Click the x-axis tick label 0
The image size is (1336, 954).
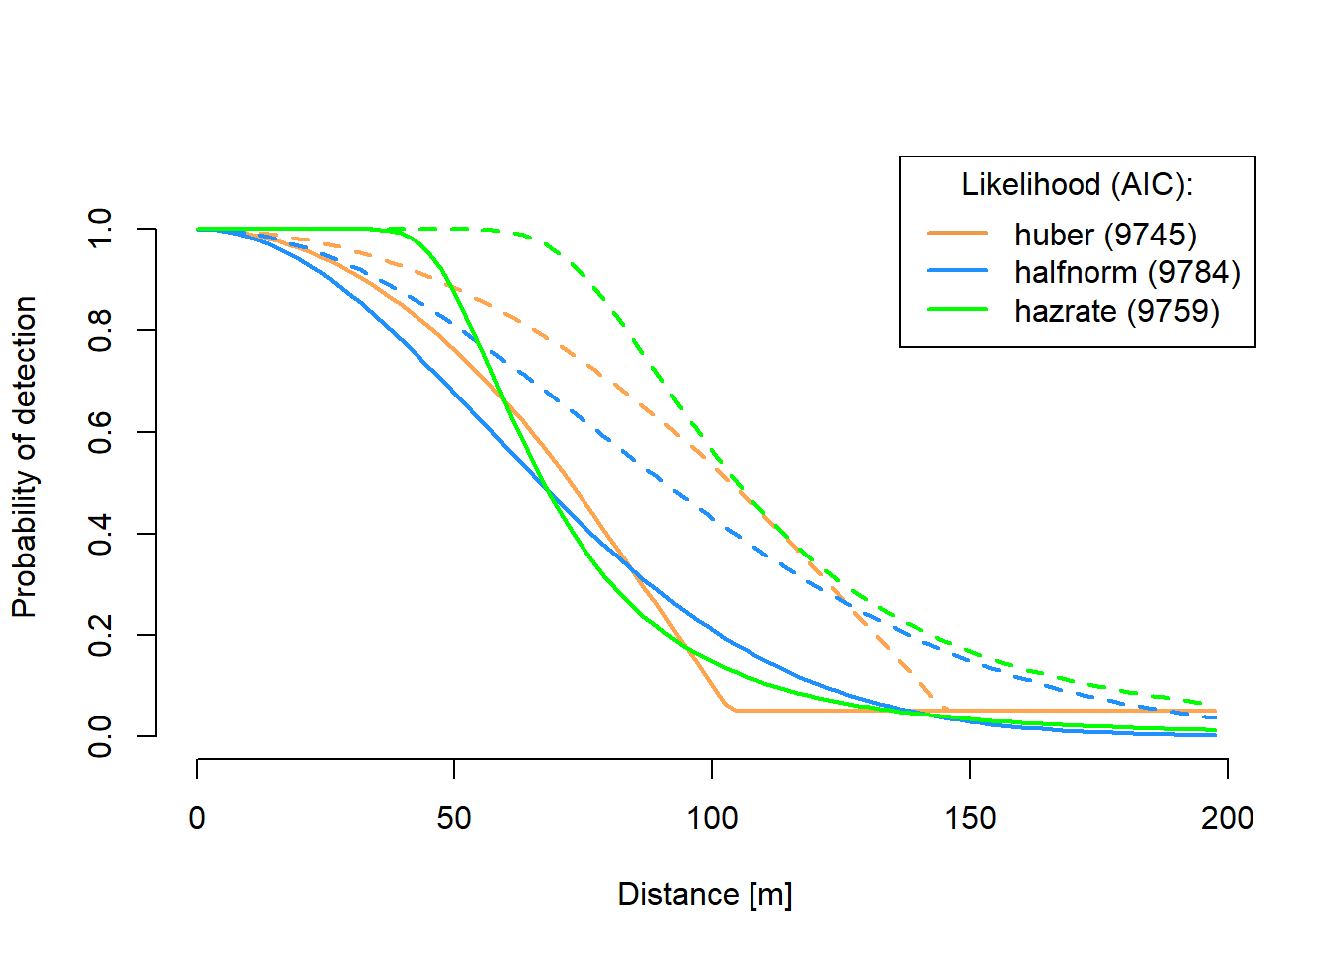point(197,818)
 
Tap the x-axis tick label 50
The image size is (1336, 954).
point(454,818)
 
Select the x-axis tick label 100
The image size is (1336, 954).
point(712,818)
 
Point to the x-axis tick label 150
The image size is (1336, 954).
point(970,818)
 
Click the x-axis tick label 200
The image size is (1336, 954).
point(1227,818)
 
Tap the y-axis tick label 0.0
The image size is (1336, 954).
point(100,736)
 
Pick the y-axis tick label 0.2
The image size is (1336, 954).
point(100,635)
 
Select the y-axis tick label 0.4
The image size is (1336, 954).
point(100,534)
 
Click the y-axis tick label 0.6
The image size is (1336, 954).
point(100,432)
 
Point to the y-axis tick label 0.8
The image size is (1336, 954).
point(100,330)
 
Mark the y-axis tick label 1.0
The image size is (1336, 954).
point(100,229)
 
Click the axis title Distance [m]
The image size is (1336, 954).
point(705,894)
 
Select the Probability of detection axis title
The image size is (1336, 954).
point(25,457)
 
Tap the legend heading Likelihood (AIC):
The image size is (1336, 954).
point(1077,185)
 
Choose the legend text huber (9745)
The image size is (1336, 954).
point(1104,235)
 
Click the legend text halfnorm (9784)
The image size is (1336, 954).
point(1126,272)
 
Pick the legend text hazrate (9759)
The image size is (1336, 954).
point(1116,311)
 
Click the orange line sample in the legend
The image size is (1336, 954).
point(957,234)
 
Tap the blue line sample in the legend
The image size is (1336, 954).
point(957,271)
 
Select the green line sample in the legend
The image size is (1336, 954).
point(957,310)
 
